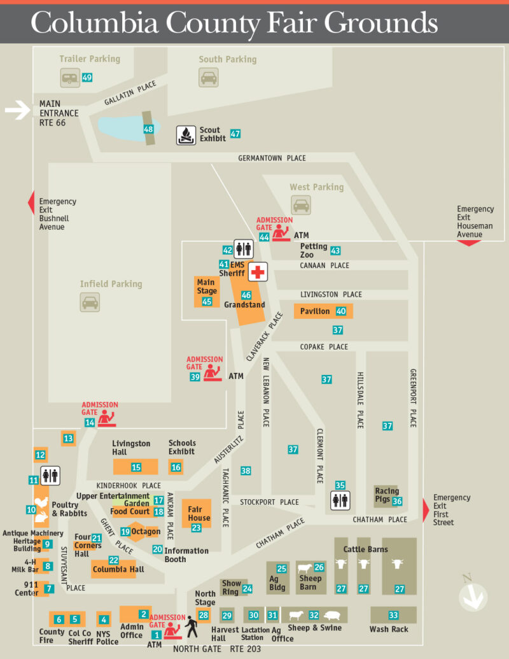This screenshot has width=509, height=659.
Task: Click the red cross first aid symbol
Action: [x=258, y=273]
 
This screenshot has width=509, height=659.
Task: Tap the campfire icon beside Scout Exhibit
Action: [x=186, y=135]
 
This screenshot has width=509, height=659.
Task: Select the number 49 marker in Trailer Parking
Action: [x=87, y=78]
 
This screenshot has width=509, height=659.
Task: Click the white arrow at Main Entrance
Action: [x=17, y=111]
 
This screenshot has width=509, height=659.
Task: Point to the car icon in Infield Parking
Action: [x=90, y=302]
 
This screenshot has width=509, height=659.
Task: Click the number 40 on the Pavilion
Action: [x=341, y=311]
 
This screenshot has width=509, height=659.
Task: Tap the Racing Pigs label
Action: [x=387, y=495]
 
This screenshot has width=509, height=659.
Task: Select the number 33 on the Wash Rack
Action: [x=393, y=615]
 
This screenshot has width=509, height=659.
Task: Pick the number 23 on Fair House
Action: [x=196, y=527]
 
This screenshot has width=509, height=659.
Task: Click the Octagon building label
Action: [x=146, y=531]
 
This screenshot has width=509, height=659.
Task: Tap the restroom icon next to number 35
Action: [x=340, y=500]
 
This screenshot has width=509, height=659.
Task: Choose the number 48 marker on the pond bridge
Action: [x=148, y=129]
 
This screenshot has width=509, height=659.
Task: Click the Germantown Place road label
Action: [x=272, y=158]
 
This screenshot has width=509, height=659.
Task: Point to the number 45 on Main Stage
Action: [x=207, y=301]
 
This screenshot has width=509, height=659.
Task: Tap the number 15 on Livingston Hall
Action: [x=136, y=467]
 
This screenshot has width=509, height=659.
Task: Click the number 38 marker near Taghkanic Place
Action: [x=246, y=471]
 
